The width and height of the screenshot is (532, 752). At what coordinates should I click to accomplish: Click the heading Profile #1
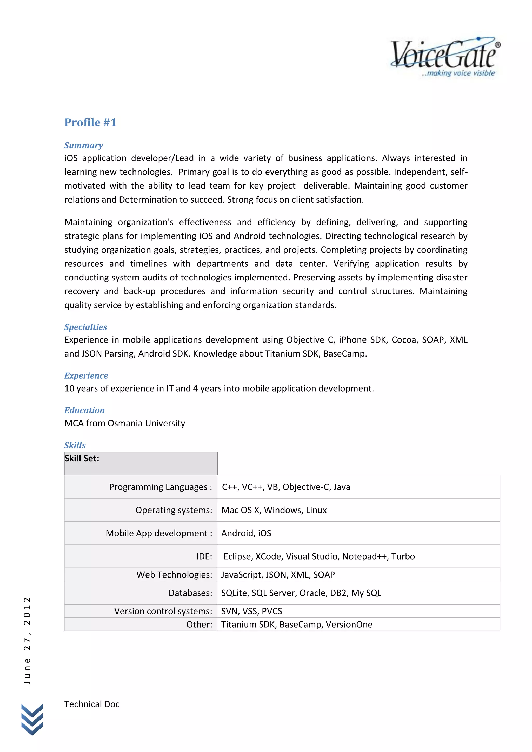90,123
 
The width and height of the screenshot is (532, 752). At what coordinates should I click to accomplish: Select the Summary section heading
84,145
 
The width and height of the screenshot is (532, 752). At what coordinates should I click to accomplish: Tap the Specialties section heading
85,327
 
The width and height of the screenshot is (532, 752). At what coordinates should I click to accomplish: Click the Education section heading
84,410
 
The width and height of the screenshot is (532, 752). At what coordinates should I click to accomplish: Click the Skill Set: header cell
141,463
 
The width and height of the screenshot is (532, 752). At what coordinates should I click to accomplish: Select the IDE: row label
204,556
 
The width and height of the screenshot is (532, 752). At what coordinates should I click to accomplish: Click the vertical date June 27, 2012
27,641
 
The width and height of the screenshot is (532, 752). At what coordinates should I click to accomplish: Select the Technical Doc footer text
92,704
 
